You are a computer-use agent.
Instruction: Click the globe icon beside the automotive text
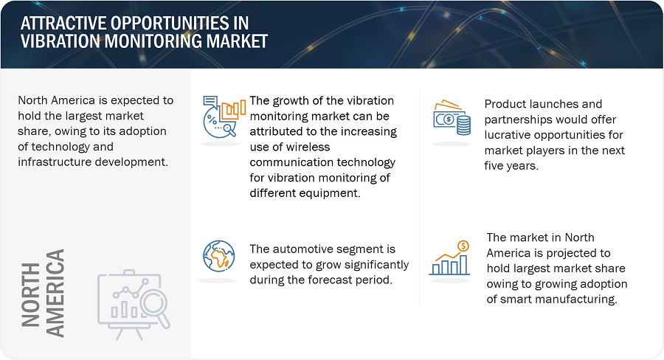(x=219, y=256)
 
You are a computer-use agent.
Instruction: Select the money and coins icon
(x=452, y=118)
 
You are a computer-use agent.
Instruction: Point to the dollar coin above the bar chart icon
(x=464, y=246)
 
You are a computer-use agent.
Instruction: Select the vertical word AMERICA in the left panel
(x=55, y=293)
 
